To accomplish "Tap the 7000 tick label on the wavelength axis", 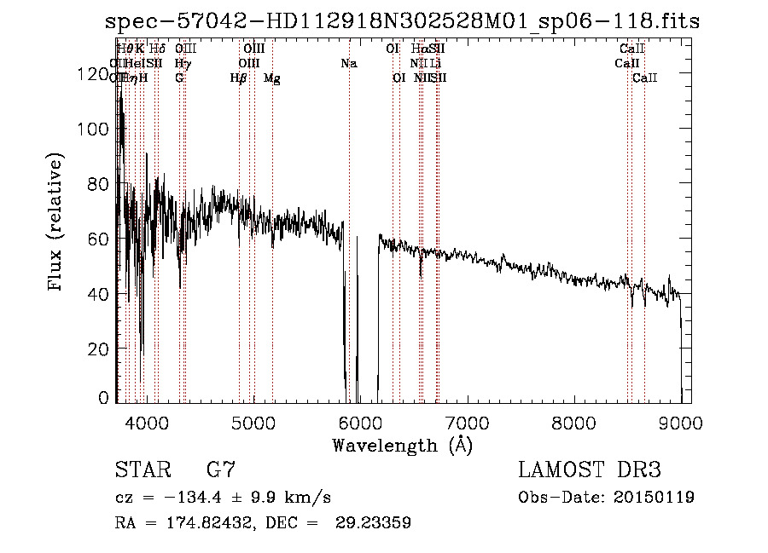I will pyautogui.click(x=466, y=423).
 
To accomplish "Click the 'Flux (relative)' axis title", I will pyautogui.click(x=57, y=223).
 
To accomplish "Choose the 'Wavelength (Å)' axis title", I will pyautogui.click(x=403, y=445).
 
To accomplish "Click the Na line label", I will pyautogui.click(x=348, y=63).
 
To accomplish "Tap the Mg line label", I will pyautogui.click(x=272, y=78).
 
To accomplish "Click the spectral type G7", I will pyautogui.click(x=221, y=470).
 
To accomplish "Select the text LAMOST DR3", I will pyautogui.click(x=590, y=470).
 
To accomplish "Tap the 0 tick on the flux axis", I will pyautogui.click(x=104, y=398).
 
